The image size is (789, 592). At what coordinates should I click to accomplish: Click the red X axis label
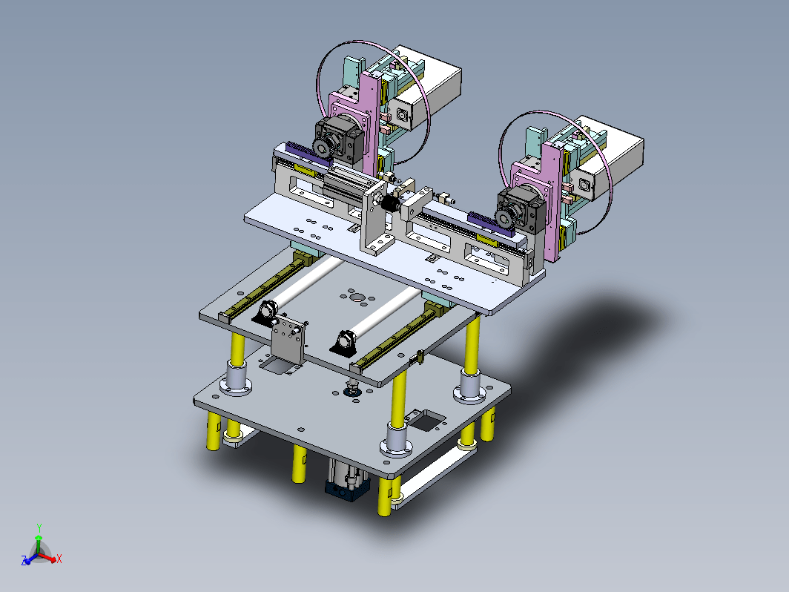click(x=59, y=559)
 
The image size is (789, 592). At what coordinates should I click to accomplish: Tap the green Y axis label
click(x=39, y=528)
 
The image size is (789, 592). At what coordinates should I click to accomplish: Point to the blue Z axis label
click(x=24, y=561)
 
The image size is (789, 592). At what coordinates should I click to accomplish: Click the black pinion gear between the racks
click(x=389, y=205)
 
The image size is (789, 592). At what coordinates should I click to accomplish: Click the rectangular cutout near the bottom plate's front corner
click(x=426, y=421)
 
